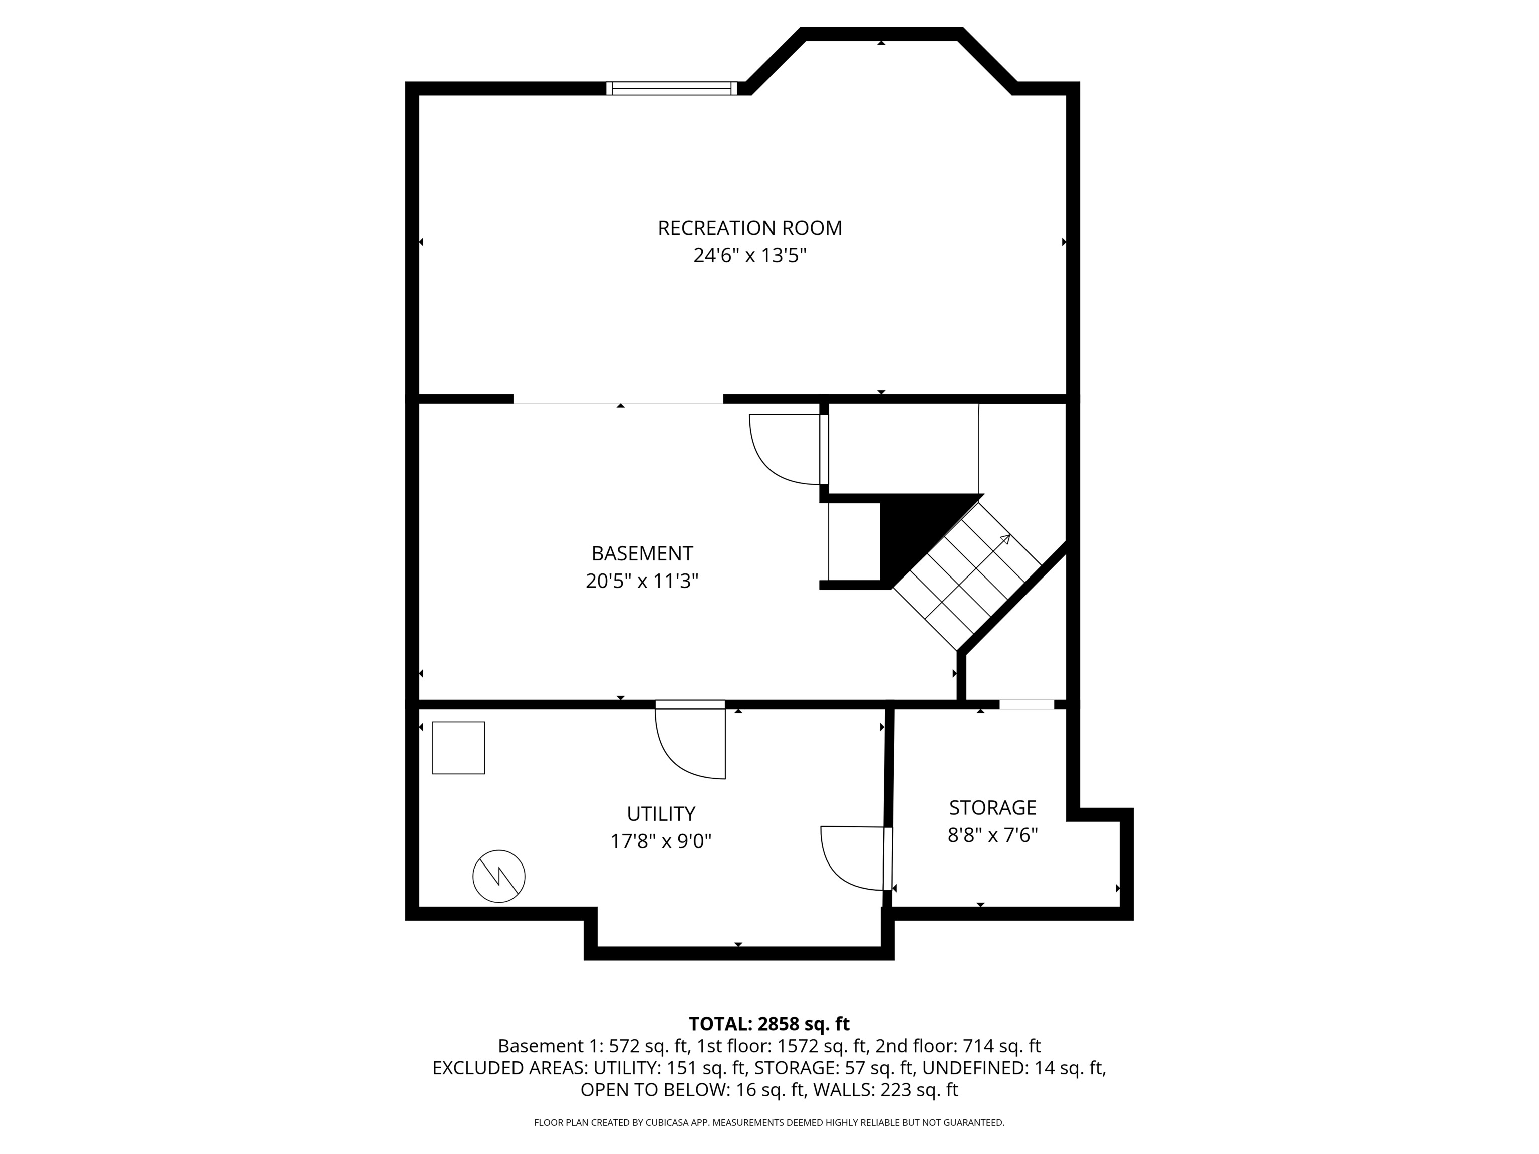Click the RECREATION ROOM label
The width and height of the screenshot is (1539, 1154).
tap(749, 228)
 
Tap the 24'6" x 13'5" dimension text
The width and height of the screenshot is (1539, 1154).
tap(749, 256)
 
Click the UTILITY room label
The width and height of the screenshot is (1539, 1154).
tap(660, 814)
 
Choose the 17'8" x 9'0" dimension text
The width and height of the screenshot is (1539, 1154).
tap(660, 841)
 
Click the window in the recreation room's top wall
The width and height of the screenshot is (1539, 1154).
tap(671, 88)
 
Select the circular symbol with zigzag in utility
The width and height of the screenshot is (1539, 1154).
tap(499, 877)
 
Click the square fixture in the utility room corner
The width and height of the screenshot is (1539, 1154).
tap(458, 748)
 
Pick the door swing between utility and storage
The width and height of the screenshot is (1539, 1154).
tap(850, 857)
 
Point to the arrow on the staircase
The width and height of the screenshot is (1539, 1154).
tap(1004, 540)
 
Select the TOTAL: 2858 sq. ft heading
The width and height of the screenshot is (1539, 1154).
tap(769, 1024)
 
